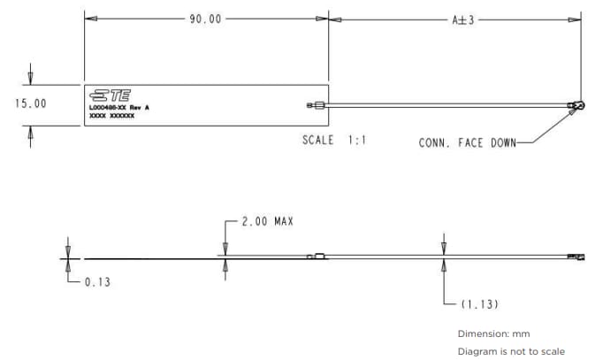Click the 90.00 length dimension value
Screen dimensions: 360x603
coord(205,19)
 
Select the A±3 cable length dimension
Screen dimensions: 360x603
coord(462,19)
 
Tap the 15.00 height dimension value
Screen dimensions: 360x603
coord(31,103)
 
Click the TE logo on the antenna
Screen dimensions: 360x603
coord(109,96)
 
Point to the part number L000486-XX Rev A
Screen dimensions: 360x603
coord(120,107)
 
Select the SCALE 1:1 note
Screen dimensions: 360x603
coord(334,141)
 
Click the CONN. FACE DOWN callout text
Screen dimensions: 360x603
coord(466,142)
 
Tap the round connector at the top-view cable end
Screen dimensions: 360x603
coord(577,106)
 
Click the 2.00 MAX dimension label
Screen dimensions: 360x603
coord(267,222)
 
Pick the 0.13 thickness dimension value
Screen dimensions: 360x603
coord(97,283)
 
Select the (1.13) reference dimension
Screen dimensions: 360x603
coord(480,304)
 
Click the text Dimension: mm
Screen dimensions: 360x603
coord(493,333)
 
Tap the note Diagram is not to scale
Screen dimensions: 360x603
coord(510,350)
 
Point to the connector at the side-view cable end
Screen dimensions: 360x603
coord(577,257)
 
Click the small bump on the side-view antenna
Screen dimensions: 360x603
coord(317,256)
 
